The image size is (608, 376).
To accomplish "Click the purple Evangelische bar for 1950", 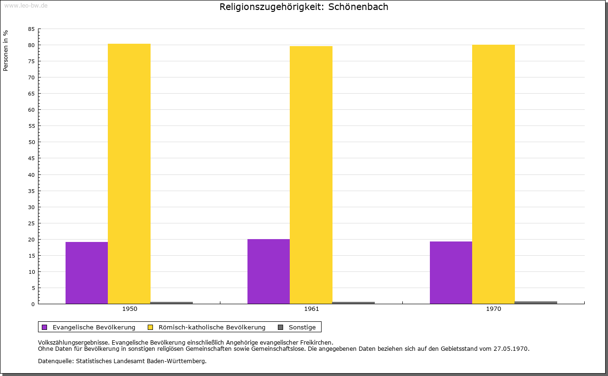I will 86,273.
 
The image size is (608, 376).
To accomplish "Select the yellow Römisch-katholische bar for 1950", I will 129,174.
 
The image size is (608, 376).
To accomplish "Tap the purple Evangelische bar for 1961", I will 268,271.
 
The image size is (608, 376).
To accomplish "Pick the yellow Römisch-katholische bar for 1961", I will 311,175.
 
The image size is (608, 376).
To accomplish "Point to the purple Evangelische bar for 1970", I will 451,272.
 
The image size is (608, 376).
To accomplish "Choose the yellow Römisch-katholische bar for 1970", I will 494,174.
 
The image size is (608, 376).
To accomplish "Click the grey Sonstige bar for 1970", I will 536,302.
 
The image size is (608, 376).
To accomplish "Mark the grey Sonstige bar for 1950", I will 171,303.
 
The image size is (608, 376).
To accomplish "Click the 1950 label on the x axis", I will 130,309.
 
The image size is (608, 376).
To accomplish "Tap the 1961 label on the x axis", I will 312,309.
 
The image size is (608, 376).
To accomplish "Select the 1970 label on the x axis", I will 494,309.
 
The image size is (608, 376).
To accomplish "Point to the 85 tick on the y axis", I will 31,29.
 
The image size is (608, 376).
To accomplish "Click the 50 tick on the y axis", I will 31,142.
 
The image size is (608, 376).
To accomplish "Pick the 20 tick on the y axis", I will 31,240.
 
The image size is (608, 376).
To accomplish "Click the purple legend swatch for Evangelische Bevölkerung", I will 45,327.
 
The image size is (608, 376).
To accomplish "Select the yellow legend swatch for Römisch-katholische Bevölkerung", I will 151,327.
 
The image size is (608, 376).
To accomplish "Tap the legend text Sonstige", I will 302,327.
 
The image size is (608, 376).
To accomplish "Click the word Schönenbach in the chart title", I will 358,7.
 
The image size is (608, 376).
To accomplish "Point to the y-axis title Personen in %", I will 6,50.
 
